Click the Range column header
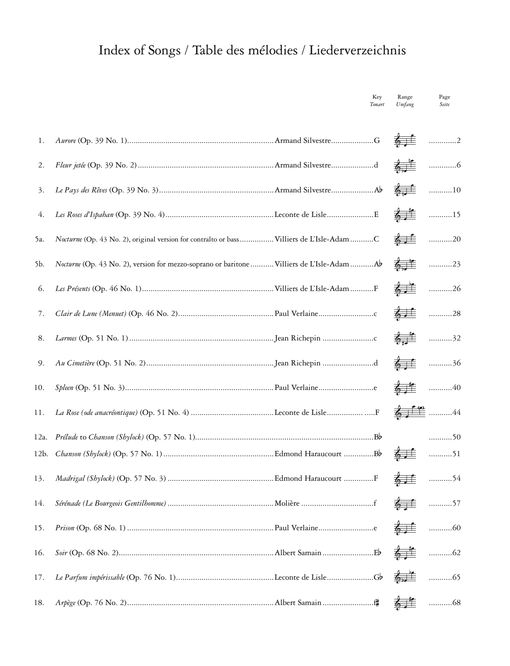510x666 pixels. (405, 97)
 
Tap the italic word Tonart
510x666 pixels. (377, 105)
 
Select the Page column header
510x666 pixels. (445, 97)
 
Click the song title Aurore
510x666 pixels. (65, 141)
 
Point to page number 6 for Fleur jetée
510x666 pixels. (458, 165)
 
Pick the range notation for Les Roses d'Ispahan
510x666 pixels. (405, 215)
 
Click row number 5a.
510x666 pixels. (39, 239)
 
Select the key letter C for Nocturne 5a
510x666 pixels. (376, 239)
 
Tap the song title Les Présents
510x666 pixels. (73, 289)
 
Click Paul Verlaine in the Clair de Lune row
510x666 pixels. (296, 314)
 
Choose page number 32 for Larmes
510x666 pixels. (456, 338)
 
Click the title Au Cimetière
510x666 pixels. (75, 363)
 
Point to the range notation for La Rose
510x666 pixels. (409, 412)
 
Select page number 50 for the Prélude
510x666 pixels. (456, 437)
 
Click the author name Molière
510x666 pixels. (287, 503)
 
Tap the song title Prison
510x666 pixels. (65, 528)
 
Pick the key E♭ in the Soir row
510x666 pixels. (377, 553)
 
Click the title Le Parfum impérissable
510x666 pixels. (90, 577)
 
